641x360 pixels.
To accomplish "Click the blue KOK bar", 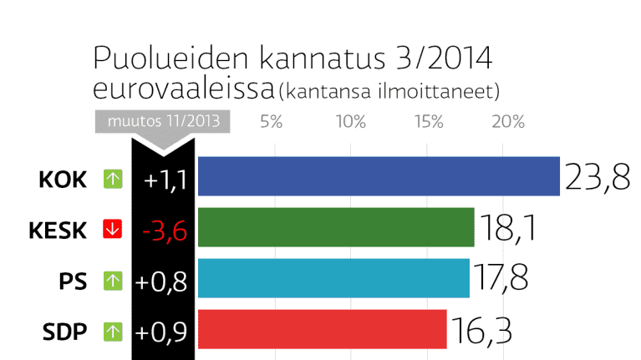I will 379,176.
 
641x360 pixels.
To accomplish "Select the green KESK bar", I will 336,227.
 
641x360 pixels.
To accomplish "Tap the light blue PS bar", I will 333,278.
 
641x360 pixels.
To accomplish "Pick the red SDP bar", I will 323,329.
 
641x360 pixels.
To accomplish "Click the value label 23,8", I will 597,177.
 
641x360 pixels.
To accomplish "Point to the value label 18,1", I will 507,228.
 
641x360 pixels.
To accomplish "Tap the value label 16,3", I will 480,330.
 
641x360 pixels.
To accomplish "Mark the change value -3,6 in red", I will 163,229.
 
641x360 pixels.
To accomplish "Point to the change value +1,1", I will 163,178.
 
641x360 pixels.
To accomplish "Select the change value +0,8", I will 163,281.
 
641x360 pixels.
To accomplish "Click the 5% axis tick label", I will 271,122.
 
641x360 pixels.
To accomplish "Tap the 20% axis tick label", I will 507,122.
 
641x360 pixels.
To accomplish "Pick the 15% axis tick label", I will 429,122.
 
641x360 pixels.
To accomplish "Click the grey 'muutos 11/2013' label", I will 162,120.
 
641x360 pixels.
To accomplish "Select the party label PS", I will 74,281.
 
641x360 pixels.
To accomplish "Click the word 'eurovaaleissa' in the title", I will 183,88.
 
